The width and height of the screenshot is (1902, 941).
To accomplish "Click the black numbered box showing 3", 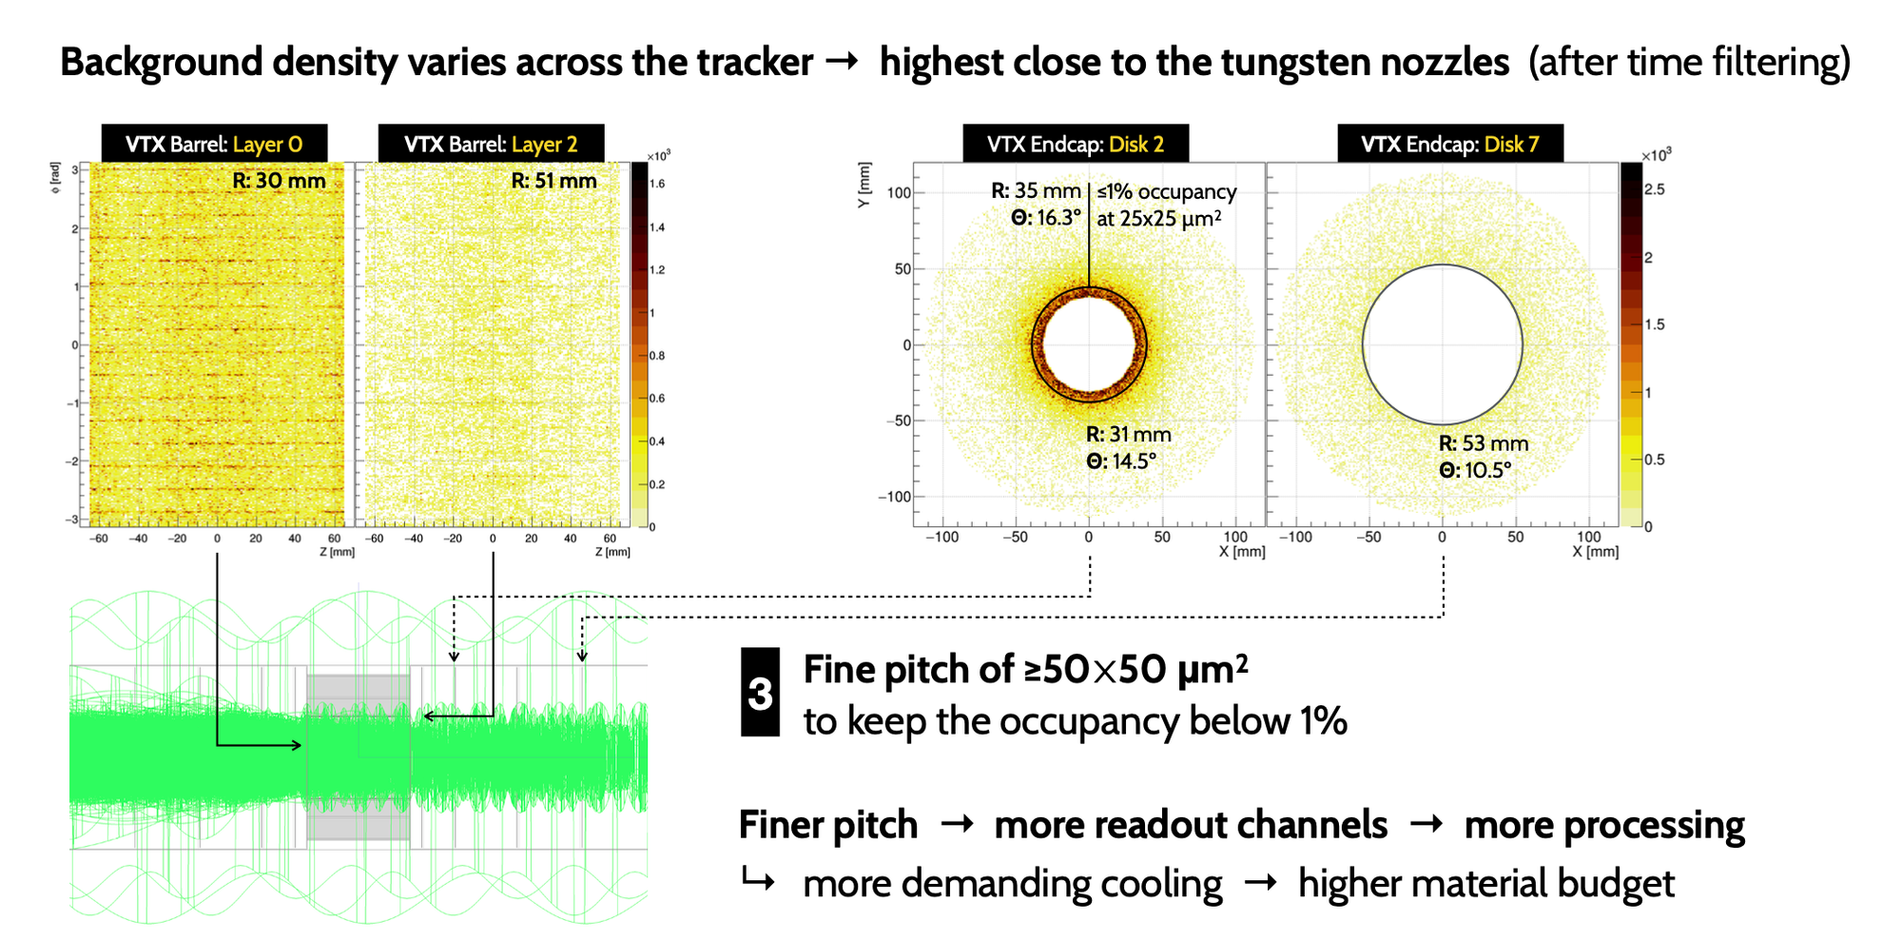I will coord(760,693).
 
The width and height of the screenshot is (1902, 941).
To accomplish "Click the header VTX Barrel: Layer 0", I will coord(214,144).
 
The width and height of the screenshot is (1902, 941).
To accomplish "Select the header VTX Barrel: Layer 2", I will coord(491,144).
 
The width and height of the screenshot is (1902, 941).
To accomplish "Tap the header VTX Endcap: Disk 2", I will coord(1075,144).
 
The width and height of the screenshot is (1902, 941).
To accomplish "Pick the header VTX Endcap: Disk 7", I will coord(1449,144).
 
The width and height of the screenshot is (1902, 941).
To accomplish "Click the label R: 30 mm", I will coord(279,181).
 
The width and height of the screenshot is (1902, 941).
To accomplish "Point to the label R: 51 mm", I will coord(553,181).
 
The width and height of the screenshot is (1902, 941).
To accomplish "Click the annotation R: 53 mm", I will coord(1483,443).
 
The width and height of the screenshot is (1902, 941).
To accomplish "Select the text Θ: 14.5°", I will coord(1121,461).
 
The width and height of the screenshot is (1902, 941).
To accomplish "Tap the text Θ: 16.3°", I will coord(1046,218).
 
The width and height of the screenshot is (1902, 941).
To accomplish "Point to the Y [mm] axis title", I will coord(864,186).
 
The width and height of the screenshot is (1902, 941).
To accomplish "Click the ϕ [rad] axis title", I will coord(56,173).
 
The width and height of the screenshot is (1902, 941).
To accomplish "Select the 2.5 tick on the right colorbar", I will coord(1655,189).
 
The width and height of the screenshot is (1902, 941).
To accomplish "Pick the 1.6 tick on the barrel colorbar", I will coord(656,184).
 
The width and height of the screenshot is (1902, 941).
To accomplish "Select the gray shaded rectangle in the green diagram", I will coord(359,757).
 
